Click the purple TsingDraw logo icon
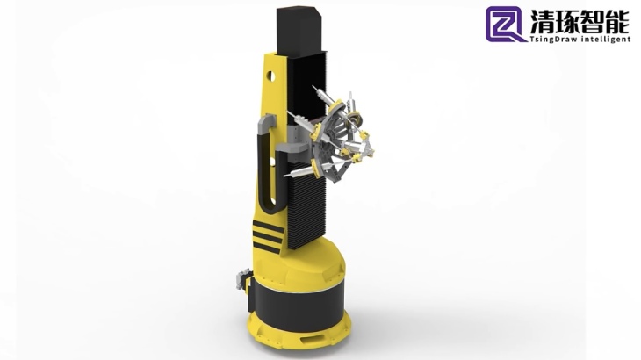505,24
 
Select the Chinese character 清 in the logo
543,21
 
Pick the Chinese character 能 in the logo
617,21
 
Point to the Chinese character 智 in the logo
593,21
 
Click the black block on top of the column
301,30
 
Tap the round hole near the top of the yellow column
270,76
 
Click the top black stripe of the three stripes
268,227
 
